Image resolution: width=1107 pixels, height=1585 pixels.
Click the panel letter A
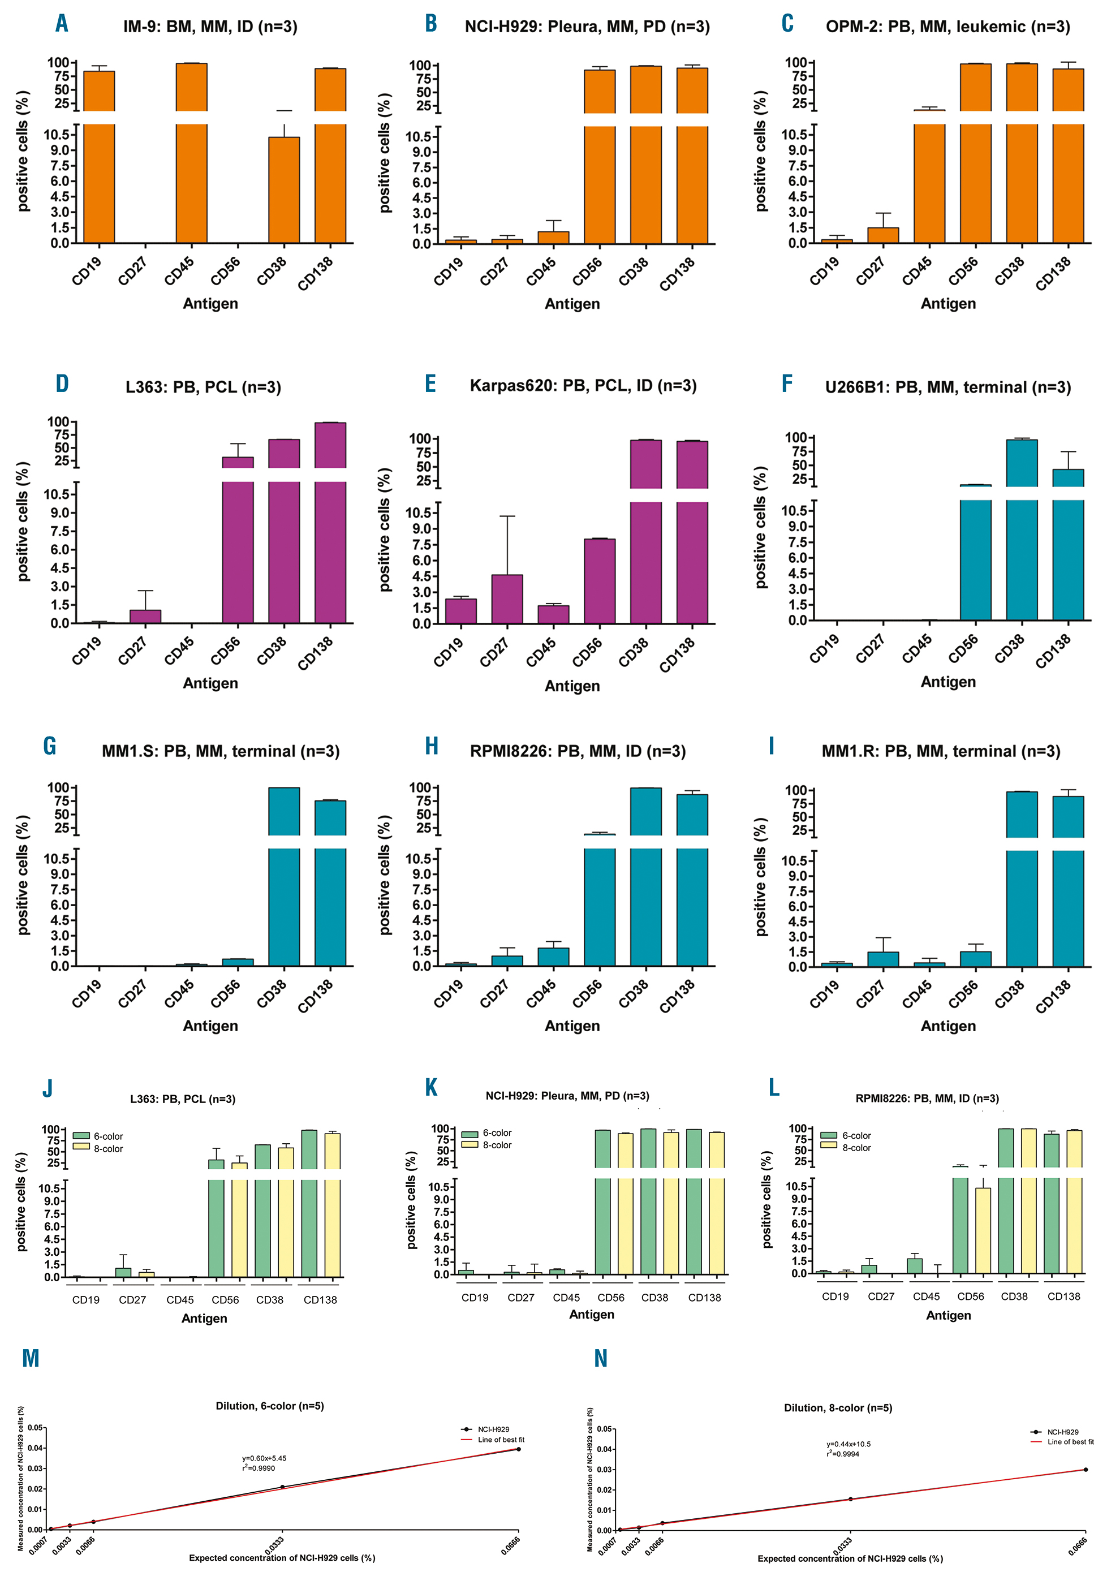pos(62,23)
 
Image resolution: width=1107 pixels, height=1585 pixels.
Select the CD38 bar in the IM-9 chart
pos(283,190)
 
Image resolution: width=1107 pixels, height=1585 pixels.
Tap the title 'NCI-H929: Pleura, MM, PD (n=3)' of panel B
pos(587,27)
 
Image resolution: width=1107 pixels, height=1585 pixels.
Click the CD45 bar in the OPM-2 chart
pos(929,176)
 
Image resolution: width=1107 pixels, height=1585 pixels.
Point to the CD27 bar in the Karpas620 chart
pos(507,598)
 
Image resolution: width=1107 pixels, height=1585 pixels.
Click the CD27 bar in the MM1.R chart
pos(884,959)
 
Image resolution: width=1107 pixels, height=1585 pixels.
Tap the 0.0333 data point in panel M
pos(282,1487)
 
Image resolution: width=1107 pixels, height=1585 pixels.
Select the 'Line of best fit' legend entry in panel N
pos(1070,1441)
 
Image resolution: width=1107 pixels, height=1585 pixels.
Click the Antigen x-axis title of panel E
pos(572,686)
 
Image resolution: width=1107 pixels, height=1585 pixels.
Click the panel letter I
pos(772,746)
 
